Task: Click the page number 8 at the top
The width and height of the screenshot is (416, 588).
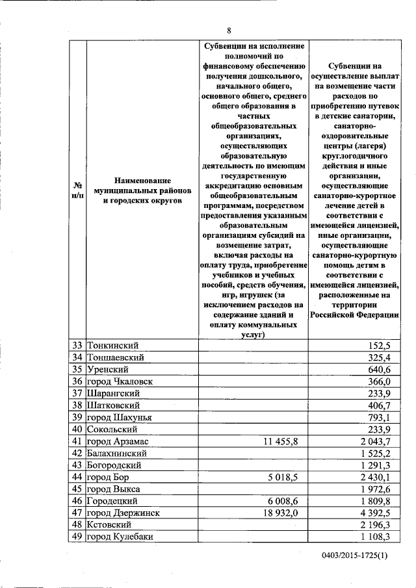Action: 229,30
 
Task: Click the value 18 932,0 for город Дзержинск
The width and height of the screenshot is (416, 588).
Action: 280,512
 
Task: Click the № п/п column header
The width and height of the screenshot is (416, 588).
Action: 77,192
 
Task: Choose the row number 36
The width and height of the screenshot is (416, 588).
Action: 77,381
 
